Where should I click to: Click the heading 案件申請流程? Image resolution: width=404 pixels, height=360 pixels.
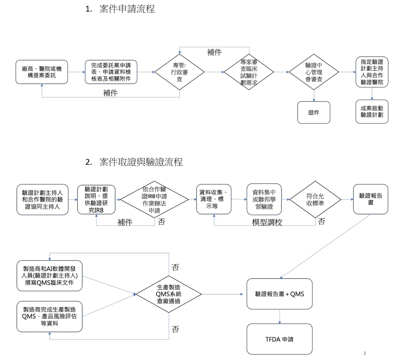(127, 10)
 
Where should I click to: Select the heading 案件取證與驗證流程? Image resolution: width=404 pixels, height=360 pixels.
(141, 163)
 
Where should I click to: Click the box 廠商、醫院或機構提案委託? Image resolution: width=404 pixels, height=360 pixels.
(42, 72)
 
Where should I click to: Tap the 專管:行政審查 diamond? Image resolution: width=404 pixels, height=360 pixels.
(180, 72)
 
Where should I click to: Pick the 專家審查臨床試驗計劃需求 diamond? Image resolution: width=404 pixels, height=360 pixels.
(249, 72)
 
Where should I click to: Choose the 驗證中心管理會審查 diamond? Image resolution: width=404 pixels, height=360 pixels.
(314, 72)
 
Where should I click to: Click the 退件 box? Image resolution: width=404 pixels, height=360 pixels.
(314, 112)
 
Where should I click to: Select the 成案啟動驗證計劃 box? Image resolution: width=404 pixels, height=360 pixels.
(372, 112)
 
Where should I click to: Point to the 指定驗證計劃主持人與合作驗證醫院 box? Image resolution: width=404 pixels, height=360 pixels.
(372, 72)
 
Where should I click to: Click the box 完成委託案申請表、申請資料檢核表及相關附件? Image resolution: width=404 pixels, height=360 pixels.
(111, 72)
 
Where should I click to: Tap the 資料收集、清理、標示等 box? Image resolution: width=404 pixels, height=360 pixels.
(214, 199)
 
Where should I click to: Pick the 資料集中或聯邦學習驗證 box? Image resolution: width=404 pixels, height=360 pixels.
(264, 199)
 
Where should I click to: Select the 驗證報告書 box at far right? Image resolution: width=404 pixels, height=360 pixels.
(371, 199)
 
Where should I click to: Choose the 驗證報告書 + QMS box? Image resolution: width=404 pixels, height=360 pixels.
(279, 294)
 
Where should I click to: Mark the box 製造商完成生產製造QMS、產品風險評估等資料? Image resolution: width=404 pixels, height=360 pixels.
(49, 316)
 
